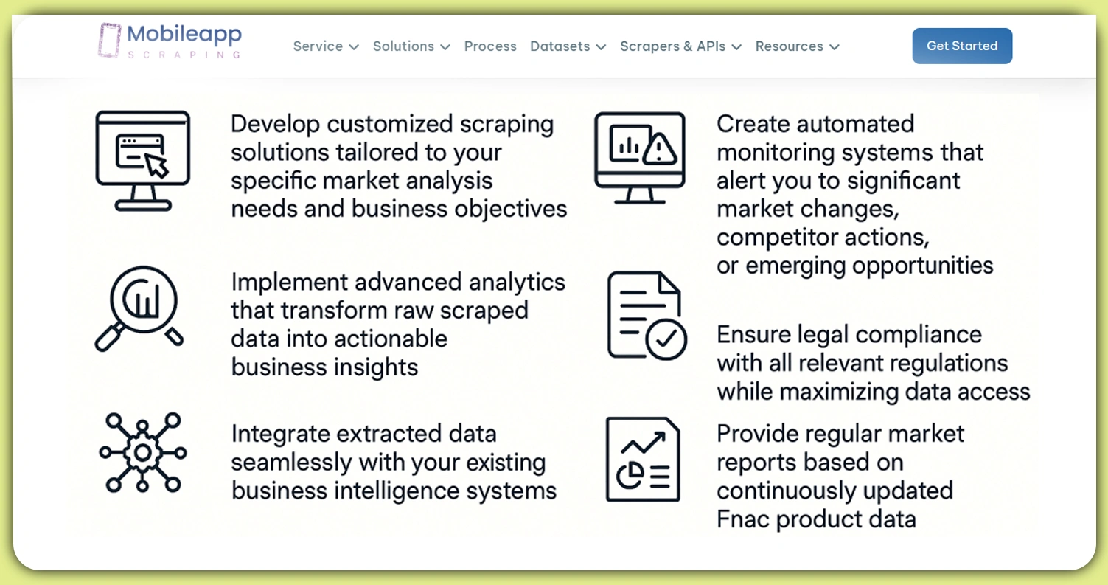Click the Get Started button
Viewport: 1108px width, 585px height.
point(962,46)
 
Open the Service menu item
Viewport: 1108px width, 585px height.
point(325,46)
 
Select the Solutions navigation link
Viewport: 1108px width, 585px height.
point(411,46)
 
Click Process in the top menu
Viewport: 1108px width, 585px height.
point(490,46)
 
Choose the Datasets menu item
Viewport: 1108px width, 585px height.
point(567,46)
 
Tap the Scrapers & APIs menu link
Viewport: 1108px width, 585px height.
point(680,46)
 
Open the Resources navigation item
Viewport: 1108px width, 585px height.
point(797,46)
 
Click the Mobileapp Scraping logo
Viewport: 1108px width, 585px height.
point(170,41)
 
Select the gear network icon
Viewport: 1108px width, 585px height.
point(142,452)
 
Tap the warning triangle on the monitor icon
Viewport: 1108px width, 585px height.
point(661,149)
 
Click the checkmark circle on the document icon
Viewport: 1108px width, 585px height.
point(666,339)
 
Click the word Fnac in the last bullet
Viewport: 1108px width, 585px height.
point(742,519)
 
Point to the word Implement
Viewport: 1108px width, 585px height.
point(290,283)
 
